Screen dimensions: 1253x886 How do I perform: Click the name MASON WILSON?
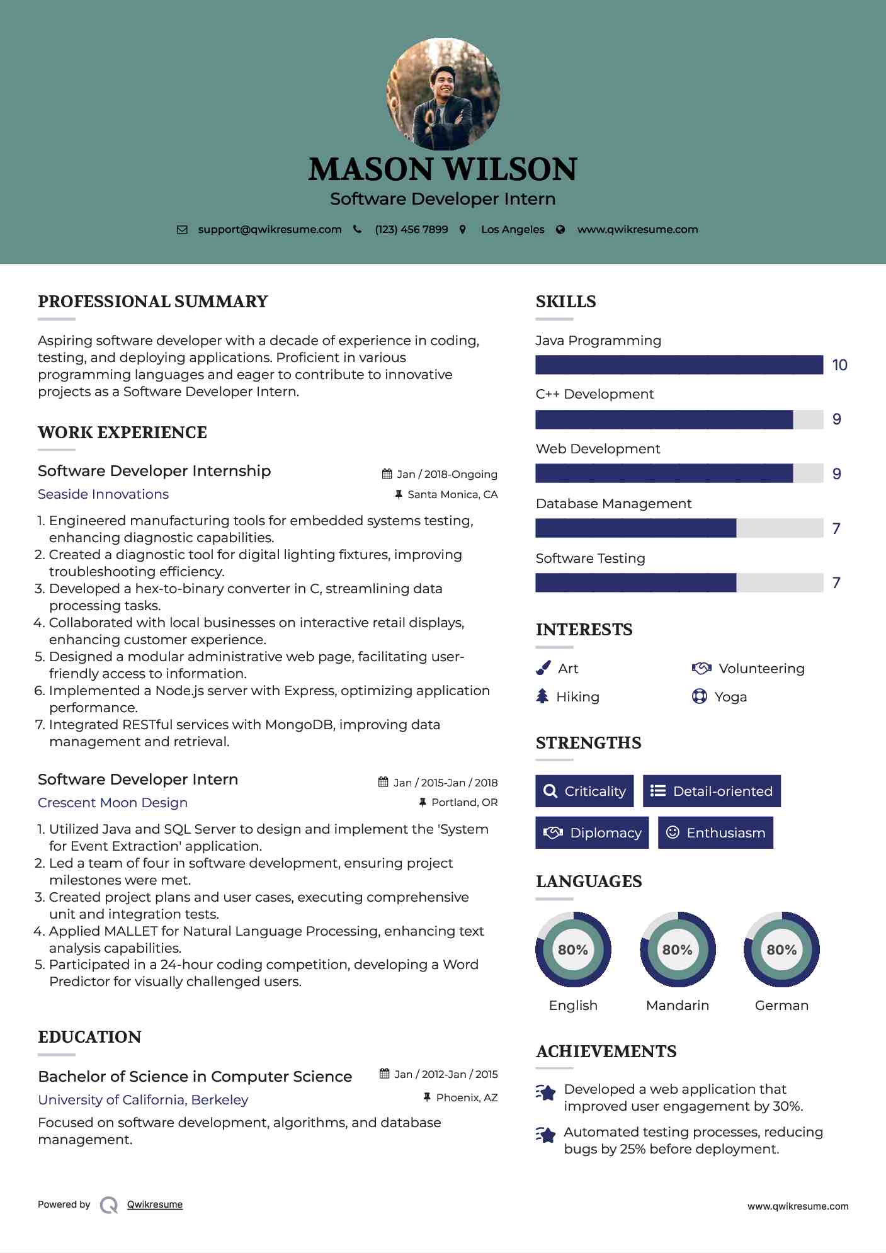443,169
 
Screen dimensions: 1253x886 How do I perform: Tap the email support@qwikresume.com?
270,229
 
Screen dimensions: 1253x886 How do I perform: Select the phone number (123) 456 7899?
411,229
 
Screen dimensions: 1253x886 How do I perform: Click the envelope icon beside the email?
182,230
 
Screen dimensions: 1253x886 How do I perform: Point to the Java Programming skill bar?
679,365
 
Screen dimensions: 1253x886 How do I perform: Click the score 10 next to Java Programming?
839,365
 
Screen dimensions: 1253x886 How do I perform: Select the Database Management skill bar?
679,528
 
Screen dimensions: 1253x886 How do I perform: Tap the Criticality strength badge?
584,791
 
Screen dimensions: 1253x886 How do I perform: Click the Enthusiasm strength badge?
715,832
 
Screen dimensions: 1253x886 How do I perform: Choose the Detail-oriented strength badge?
712,791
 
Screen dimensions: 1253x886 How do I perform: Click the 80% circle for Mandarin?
678,950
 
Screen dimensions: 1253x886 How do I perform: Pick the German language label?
781,1006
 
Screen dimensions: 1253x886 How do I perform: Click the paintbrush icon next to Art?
543,668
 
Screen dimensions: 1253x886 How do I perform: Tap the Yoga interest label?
730,697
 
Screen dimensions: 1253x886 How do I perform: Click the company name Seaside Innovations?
103,494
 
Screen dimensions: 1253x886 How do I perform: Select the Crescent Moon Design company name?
113,803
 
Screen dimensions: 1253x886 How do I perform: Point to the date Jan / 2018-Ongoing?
446,474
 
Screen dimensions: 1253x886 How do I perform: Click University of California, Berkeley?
143,1100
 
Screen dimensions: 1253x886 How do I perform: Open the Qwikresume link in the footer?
155,1205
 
